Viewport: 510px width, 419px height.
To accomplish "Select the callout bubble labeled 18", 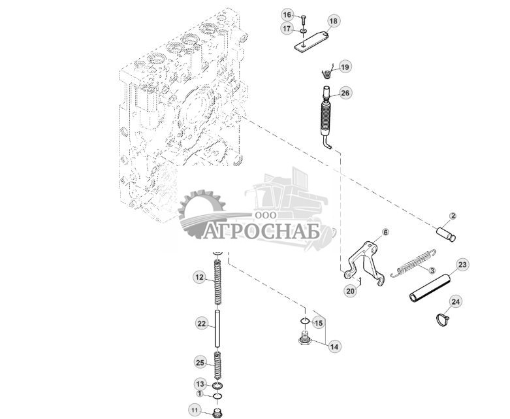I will pos(333,22).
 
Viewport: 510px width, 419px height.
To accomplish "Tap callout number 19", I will pos(345,67).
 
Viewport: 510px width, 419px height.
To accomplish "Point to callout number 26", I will pos(345,93).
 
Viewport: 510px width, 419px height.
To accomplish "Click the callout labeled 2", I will pos(453,216).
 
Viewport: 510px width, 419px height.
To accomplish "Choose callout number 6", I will pos(385,232).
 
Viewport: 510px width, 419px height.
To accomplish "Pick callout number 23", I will pos(462,265).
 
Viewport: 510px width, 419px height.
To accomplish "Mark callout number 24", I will pos(456,301).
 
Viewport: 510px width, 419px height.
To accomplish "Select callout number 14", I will pos(335,346).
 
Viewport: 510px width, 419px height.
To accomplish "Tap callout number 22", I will pos(201,323).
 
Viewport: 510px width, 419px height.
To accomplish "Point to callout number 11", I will pos(194,410).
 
